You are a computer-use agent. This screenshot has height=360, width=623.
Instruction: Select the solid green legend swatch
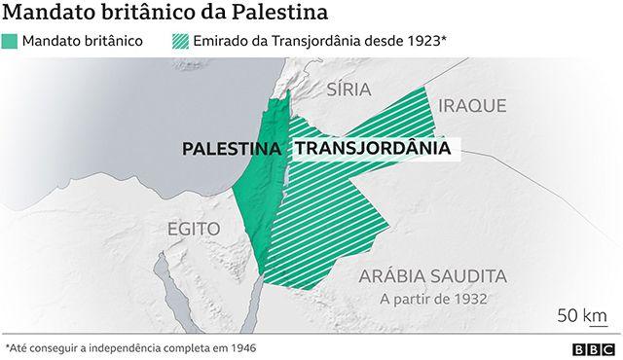coord(11,41)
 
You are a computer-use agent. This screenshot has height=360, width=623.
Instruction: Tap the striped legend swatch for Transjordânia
coord(182,41)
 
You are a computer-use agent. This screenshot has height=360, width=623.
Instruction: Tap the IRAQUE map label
coord(472,104)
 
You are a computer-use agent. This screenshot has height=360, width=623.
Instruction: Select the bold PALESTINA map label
coord(233,149)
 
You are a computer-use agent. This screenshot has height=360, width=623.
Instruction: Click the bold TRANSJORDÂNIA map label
coord(372,149)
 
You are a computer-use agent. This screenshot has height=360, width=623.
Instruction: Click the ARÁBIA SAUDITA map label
coord(431,275)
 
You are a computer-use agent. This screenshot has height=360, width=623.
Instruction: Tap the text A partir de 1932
coord(432,299)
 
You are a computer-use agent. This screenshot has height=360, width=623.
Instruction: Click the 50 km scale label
coord(581,316)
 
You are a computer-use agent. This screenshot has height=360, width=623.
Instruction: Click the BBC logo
coord(589,347)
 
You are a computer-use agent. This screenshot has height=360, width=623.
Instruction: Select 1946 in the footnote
coord(239,346)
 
